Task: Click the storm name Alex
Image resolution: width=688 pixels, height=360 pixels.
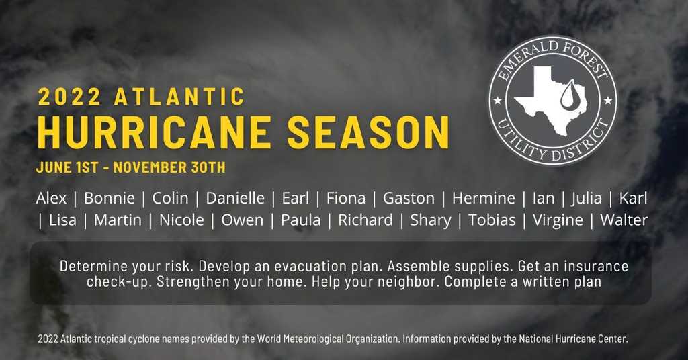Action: tap(51, 198)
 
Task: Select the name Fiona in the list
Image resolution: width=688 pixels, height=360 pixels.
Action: tap(346, 198)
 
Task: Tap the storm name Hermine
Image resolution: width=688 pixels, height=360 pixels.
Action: tap(484, 198)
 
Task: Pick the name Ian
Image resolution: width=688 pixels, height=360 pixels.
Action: tap(544, 198)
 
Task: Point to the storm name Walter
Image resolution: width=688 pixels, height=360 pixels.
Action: tap(624, 220)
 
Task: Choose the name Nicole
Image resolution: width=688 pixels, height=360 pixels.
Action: tap(181, 220)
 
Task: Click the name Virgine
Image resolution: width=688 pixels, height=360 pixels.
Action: tap(558, 220)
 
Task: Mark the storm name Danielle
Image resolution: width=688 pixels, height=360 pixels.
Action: tap(235, 198)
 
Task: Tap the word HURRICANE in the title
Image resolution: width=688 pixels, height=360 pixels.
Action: tap(154, 132)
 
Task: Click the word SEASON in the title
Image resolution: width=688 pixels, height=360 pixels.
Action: tap(369, 132)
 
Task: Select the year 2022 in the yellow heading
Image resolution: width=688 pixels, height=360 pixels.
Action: tap(69, 97)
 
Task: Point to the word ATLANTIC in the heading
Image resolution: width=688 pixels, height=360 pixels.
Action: tap(179, 97)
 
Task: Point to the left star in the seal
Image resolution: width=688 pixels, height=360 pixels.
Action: tap(498, 101)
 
